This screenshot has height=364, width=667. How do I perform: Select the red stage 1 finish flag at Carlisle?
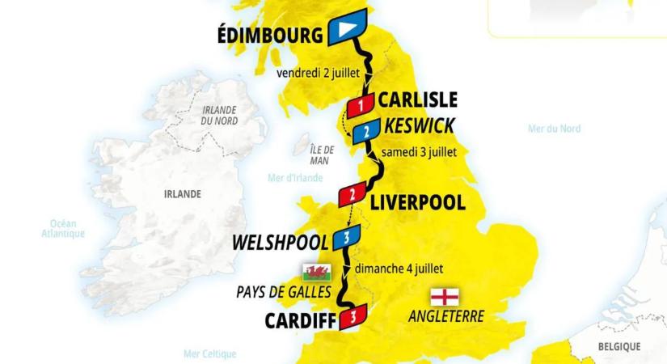pos(359,105)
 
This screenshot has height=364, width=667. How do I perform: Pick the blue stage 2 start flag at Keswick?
pos(366,131)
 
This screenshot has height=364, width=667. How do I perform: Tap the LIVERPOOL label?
pos(417,201)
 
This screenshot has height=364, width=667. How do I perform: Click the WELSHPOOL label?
pos(280,242)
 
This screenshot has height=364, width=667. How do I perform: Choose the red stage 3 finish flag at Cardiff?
pos(353,315)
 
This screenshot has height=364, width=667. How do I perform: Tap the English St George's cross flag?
pos(447,295)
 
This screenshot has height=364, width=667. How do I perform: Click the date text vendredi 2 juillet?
pos(318,71)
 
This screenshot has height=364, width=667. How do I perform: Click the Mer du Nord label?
pos(554,129)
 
